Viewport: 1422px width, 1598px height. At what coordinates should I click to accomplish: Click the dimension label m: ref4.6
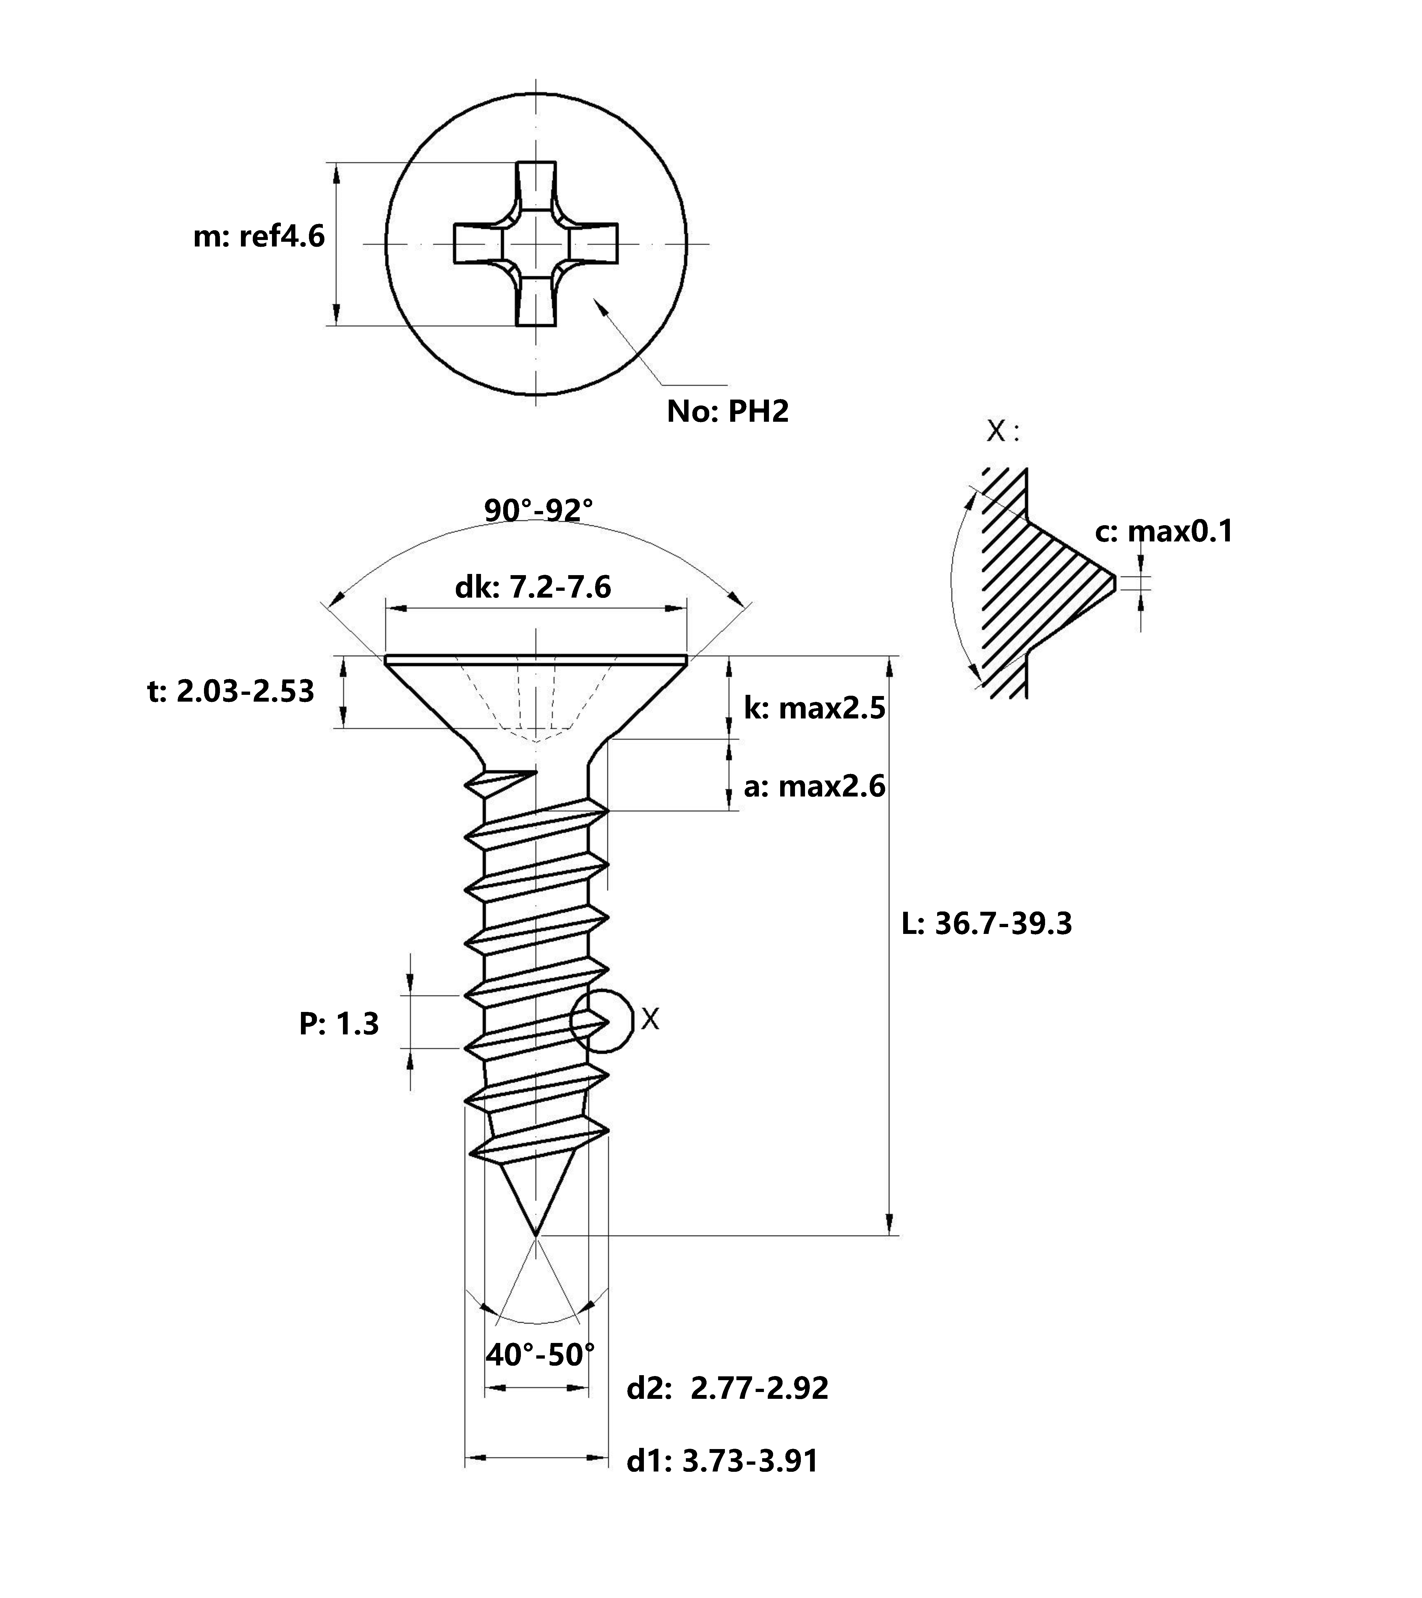[259, 236]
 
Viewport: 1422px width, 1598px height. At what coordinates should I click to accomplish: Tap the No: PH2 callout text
[728, 411]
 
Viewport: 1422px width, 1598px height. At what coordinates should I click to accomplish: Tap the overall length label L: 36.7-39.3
[986, 923]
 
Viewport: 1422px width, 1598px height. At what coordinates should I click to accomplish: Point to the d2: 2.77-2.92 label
[728, 1388]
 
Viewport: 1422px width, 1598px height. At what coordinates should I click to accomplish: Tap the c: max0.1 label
[1164, 532]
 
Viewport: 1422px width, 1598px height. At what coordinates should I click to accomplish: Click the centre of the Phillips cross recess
[536, 244]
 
